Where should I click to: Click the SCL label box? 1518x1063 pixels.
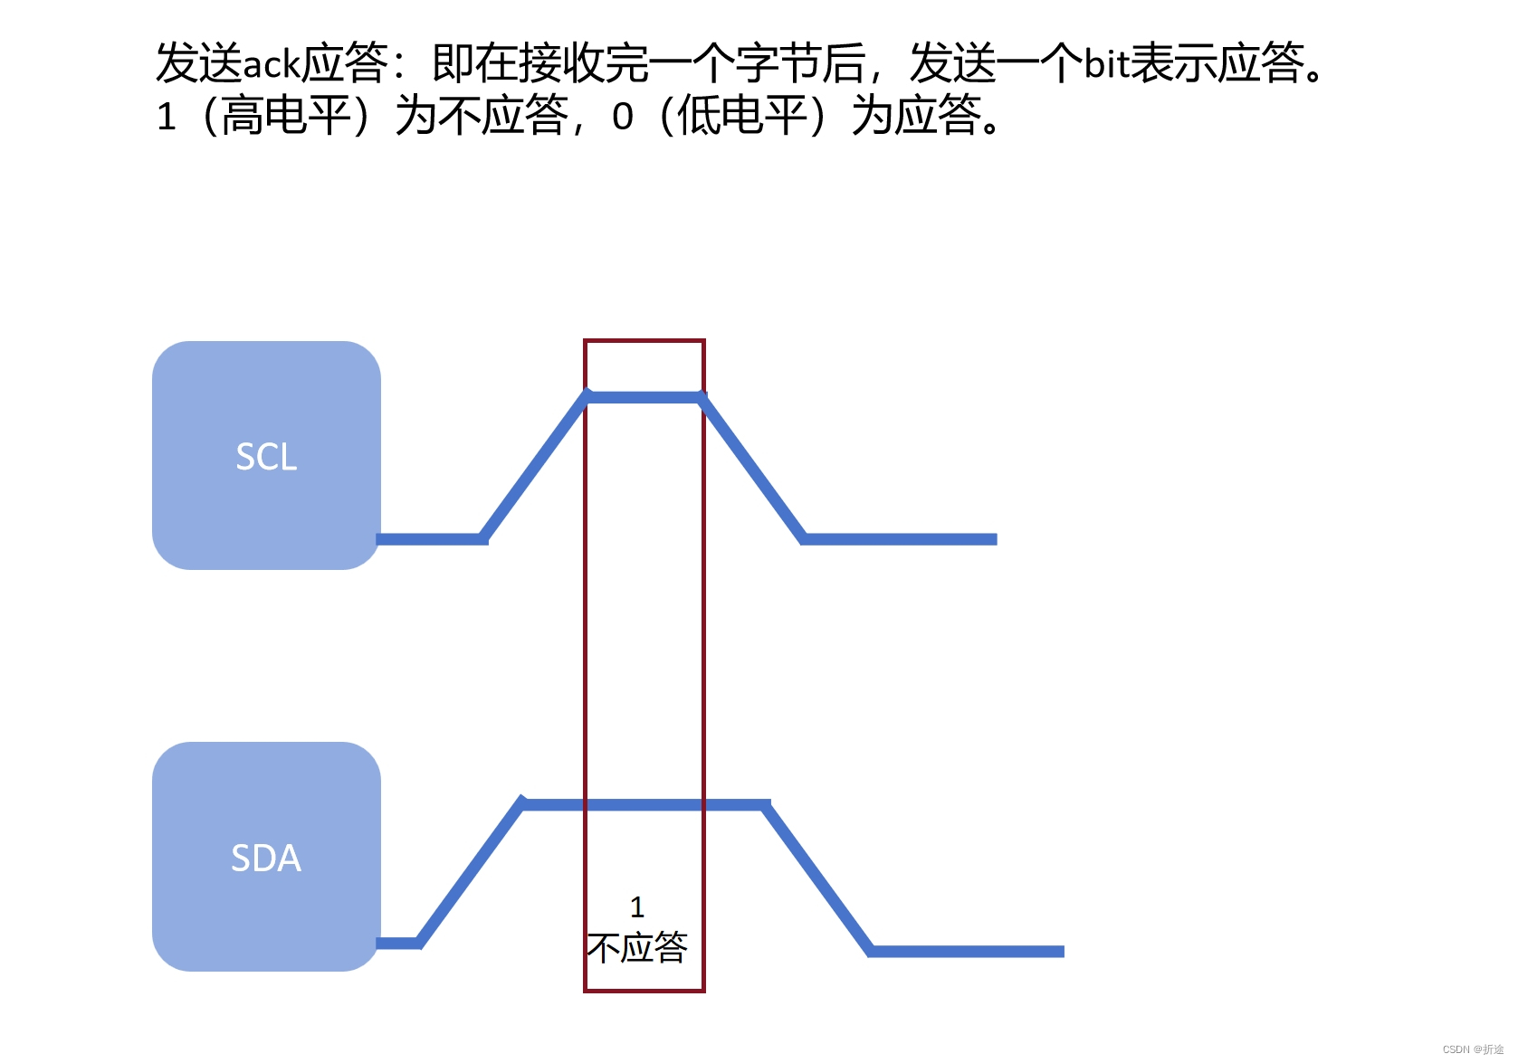coord(266,456)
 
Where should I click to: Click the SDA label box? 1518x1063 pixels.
coord(266,857)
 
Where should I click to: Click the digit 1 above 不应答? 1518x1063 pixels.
coord(637,906)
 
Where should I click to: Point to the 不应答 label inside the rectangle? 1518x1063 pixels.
coord(637,947)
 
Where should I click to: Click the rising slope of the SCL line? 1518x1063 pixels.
coord(534,468)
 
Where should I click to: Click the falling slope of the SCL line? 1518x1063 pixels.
coord(753,468)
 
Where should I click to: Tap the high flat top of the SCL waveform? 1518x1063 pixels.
coord(644,397)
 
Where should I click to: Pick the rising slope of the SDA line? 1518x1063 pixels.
coord(471,873)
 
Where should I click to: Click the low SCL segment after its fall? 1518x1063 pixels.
coord(901,539)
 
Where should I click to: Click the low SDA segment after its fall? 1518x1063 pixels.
coord(967,951)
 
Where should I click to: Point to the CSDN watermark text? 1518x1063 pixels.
coord(1473,1049)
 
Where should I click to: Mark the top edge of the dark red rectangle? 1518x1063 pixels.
coord(644,341)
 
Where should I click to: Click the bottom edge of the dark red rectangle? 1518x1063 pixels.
coord(644,991)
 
